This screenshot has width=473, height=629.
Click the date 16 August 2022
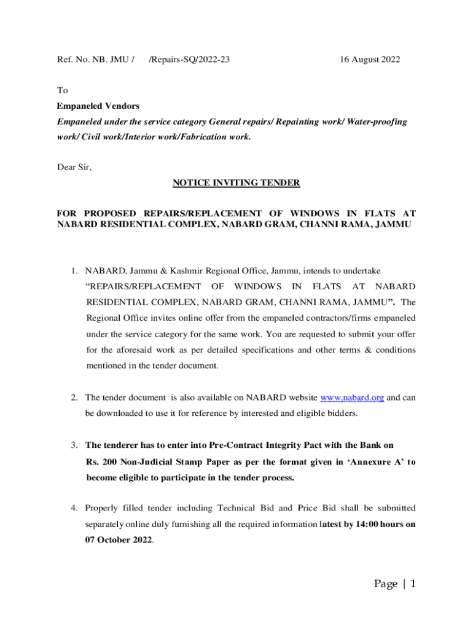point(370,60)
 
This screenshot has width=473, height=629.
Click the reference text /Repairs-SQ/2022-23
point(190,60)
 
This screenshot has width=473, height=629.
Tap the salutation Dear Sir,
point(74,166)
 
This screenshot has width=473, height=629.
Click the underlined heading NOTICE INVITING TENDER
point(237,182)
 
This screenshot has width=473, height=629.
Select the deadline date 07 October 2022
point(119,540)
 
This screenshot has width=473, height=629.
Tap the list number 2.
point(73,398)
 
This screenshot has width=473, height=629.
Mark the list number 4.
point(73,508)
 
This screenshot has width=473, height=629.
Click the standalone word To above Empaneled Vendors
point(62,90)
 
